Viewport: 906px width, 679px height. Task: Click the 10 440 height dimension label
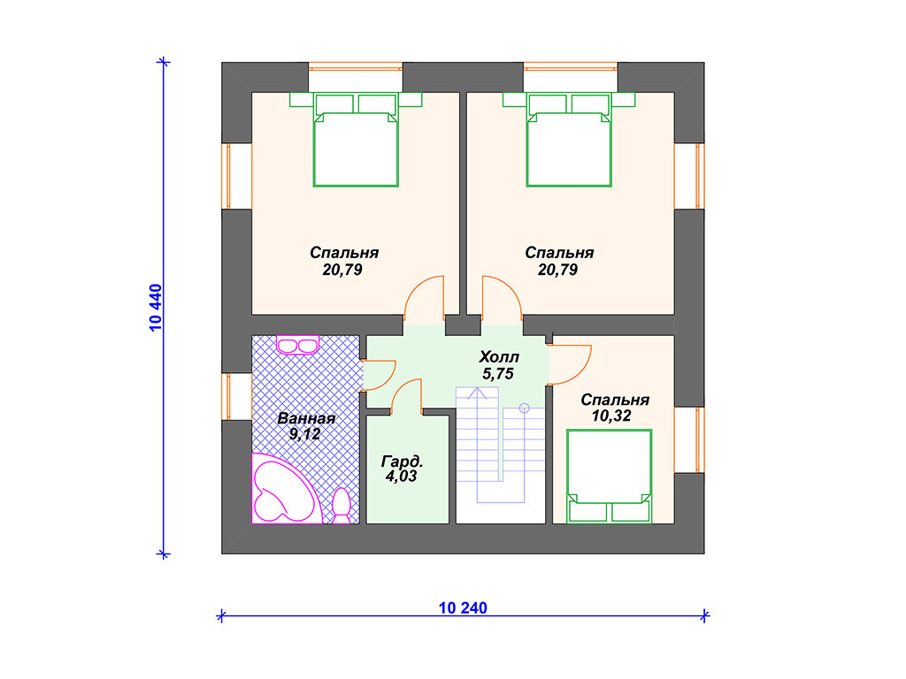[x=156, y=308]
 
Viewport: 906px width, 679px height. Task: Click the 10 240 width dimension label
[x=463, y=608]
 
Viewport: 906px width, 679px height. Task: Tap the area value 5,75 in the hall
[x=498, y=374]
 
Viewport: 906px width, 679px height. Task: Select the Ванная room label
[x=306, y=418]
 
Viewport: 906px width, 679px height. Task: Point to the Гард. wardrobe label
[x=403, y=462]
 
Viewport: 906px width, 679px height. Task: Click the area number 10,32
[x=611, y=416]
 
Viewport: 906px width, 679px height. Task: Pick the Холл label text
[x=499, y=357]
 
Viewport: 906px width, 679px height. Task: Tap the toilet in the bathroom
[x=342, y=507]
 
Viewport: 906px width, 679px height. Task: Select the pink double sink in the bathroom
[x=297, y=345]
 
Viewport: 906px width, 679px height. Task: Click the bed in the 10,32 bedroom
[x=609, y=477]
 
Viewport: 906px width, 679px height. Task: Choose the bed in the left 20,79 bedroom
[x=356, y=139]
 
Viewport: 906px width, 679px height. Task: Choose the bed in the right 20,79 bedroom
[x=569, y=139]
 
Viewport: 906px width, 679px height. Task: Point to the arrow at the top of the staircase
[x=477, y=393]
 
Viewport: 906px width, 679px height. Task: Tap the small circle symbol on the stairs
[x=524, y=408]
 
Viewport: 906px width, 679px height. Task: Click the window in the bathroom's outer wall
[x=229, y=396]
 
